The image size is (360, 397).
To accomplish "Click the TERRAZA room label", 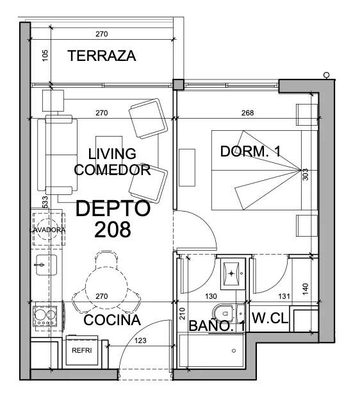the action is pyautogui.click(x=102, y=56).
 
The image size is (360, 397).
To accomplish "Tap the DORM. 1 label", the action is pyautogui.click(x=250, y=151).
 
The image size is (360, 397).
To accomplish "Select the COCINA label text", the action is pyautogui.click(x=112, y=320).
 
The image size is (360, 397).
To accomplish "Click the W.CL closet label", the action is pyautogui.click(x=270, y=317).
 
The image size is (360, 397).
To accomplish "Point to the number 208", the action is pyautogui.click(x=113, y=230).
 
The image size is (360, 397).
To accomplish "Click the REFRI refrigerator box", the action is pyautogui.click(x=82, y=350).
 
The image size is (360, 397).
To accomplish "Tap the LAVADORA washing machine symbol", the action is pyautogui.click(x=48, y=230).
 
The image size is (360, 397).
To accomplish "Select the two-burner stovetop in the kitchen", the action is pyautogui.click(x=45, y=316).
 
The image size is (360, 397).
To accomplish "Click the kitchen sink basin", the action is pyautogui.click(x=46, y=265).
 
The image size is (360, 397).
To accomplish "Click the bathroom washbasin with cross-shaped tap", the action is pyautogui.click(x=231, y=273).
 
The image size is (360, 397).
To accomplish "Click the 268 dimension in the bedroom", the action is pyautogui.click(x=247, y=113).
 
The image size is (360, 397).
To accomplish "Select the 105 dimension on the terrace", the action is pyautogui.click(x=45, y=56).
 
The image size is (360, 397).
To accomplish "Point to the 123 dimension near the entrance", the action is pyautogui.click(x=140, y=341).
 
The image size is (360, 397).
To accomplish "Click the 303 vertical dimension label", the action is pyautogui.click(x=306, y=174).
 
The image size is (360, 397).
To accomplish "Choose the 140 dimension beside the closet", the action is pyautogui.click(x=306, y=289).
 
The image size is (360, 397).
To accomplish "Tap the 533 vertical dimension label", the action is pyautogui.click(x=45, y=202).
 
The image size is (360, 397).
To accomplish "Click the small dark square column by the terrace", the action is pyautogui.click(x=179, y=84).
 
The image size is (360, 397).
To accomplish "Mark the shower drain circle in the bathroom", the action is pyautogui.click(x=234, y=351).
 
